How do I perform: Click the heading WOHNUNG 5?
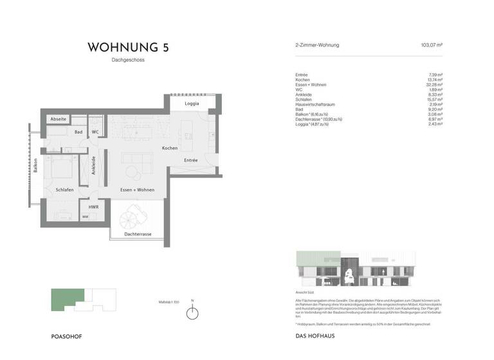pos(129,47)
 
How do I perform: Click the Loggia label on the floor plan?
pos(191,104)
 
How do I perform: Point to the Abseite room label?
pos(59,120)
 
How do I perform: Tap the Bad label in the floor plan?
pos(78,132)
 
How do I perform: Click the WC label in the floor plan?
pos(95,132)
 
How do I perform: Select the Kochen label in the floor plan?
pos(170,148)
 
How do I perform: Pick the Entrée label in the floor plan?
pos(190,160)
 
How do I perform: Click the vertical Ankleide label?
pos(94,166)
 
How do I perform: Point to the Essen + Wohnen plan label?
pos(137,190)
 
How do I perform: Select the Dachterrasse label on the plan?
pos(138,235)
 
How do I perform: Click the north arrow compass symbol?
pos(192,313)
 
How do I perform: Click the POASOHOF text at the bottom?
pos(66,337)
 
